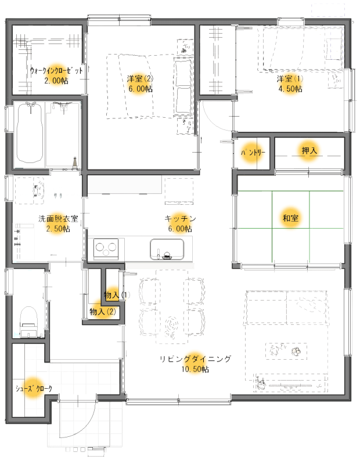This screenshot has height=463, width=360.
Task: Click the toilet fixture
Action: point(28,322)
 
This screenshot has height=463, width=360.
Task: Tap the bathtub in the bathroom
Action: point(29,133)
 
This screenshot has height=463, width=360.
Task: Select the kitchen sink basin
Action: point(167,249)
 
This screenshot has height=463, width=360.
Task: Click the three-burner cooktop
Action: point(106,248)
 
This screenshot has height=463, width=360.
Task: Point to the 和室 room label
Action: point(290,218)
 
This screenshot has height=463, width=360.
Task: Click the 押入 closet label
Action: point(309,151)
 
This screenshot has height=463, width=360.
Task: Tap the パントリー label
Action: point(253,153)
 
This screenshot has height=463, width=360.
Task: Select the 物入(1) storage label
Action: point(117,295)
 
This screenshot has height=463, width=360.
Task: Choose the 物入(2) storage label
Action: point(103,312)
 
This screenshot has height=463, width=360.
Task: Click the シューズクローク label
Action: point(34,389)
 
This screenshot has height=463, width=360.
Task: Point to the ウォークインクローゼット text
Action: point(56,71)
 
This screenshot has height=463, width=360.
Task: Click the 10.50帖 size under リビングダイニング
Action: point(195,369)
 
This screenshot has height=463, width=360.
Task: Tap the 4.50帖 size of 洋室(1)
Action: point(290,89)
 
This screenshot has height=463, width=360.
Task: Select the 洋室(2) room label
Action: point(140,79)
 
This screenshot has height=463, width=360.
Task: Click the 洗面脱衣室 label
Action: point(58,219)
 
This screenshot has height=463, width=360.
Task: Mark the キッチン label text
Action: point(181,219)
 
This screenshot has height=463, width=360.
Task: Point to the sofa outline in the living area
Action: point(286,307)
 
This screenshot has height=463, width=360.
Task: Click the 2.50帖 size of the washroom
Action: point(58,229)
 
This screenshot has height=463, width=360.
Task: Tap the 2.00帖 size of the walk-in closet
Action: point(56,81)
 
